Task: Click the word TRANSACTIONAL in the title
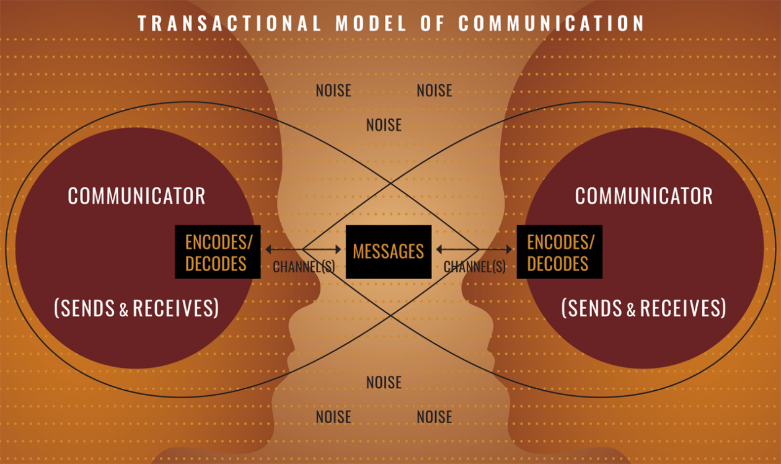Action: click(x=229, y=24)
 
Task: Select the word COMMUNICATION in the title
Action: click(x=551, y=24)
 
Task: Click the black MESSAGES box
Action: click(x=388, y=251)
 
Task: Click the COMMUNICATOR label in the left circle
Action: click(x=136, y=196)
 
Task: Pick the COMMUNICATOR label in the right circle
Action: click(x=643, y=196)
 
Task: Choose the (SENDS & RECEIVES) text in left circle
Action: click(x=136, y=308)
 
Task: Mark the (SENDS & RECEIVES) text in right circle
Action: click(x=643, y=308)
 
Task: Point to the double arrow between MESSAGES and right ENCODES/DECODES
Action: click(x=474, y=249)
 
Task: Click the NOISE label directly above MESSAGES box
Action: click(x=384, y=125)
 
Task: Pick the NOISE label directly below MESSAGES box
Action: click(x=384, y=382)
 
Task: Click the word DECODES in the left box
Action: click(x=216, y=264)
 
